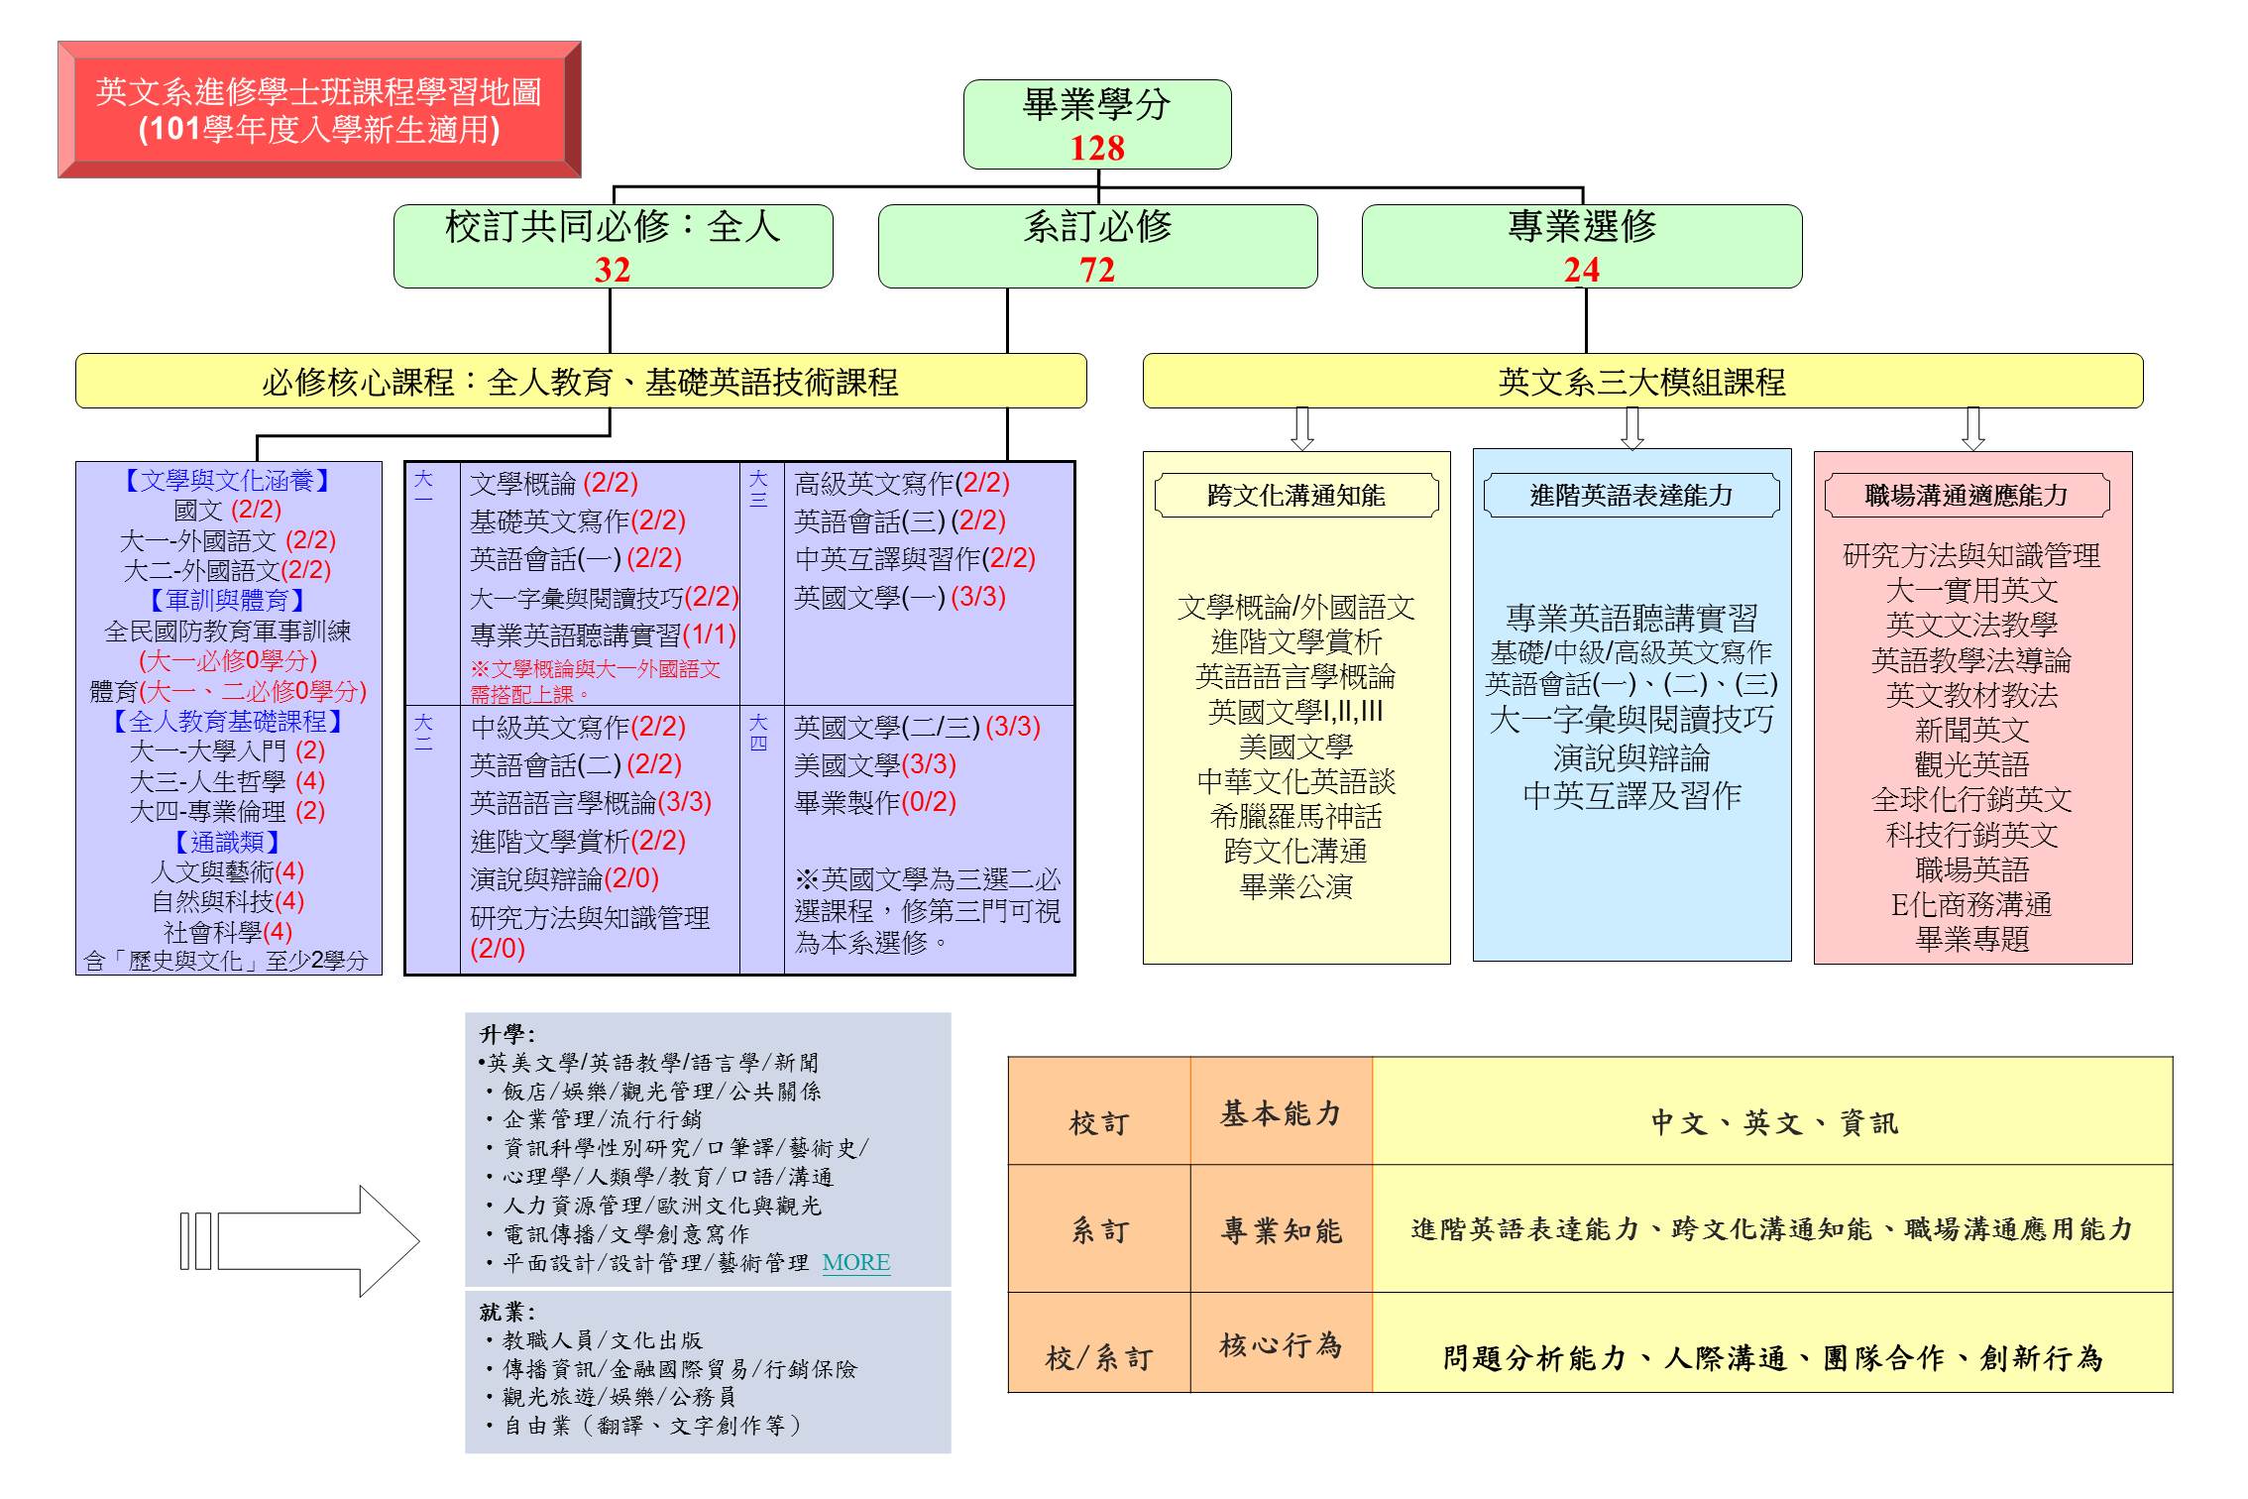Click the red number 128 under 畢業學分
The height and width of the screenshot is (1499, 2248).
point(1097,148)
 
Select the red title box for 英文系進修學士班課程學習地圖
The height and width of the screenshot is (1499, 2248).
point(319,109)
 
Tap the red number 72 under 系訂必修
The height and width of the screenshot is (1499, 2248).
point(1097,270)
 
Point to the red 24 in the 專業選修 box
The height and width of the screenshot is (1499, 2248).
point(1581,270)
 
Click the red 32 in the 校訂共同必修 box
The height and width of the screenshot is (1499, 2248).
point(613,270)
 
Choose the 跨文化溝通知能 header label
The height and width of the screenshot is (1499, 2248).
point(1295,495)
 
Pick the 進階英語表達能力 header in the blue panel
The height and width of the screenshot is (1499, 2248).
point(1630,495)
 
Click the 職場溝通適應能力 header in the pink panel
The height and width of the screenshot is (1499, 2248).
point(1967,495)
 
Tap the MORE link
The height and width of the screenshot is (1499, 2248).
point(856,1262)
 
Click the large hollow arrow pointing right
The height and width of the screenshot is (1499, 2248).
point(317,1240)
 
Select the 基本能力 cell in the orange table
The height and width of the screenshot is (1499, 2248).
point(1281,1113)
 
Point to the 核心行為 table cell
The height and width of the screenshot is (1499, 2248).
point(1281,1344)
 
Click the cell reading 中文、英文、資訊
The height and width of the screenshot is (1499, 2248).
point(1773,1122)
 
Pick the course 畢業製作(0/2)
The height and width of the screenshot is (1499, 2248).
point(875,802)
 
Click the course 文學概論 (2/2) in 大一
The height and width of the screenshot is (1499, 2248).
point(554,483)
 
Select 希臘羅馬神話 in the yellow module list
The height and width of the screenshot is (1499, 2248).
point(1295,816)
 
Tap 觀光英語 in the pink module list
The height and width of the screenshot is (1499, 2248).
point(1971,764)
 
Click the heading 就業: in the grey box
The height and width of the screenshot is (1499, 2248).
point(506,1312)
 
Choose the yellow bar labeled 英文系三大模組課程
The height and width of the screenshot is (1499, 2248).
point(1642,382)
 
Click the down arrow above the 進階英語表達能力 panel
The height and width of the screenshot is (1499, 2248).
point(1631,428)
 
